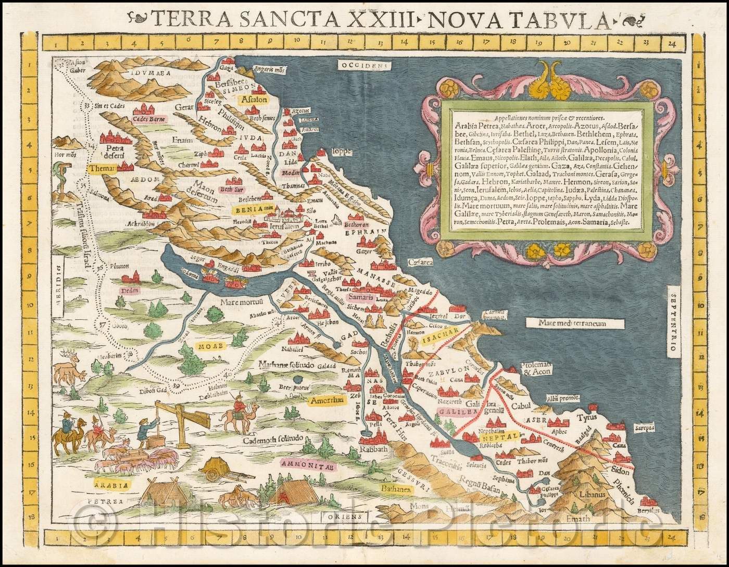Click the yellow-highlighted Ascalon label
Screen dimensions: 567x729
pyautogui.click(x=249, y=98)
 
